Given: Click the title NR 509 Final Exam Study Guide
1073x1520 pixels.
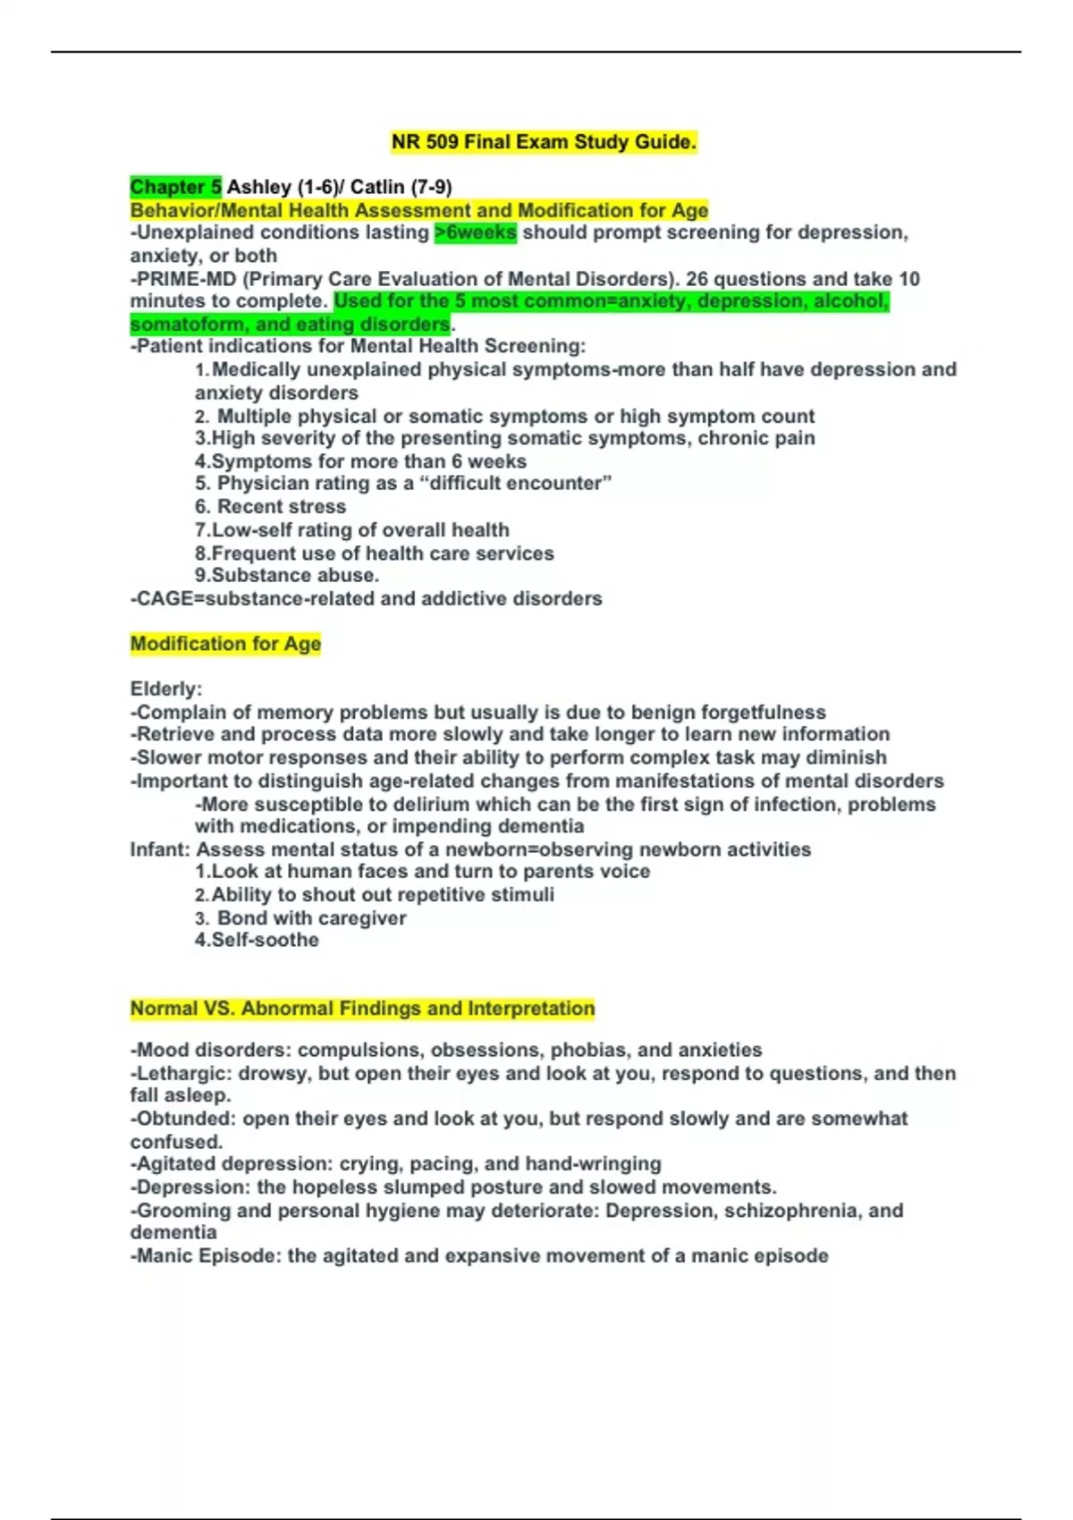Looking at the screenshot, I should pyautogui.click(x=544, y=142).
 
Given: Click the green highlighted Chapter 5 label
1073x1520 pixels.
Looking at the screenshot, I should pyautogui.click(x=175, y=187).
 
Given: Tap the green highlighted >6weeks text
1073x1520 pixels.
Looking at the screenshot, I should pyautogui.click(x=475, y=232).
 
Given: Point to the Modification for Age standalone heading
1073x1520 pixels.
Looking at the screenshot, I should pyautogui.click(x=225, y=644).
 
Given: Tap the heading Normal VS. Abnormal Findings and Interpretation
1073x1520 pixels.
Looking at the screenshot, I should pyautogui.click(x=362, y=1009).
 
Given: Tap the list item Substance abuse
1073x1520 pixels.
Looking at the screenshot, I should pyautogui.click(x=294, y=575).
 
